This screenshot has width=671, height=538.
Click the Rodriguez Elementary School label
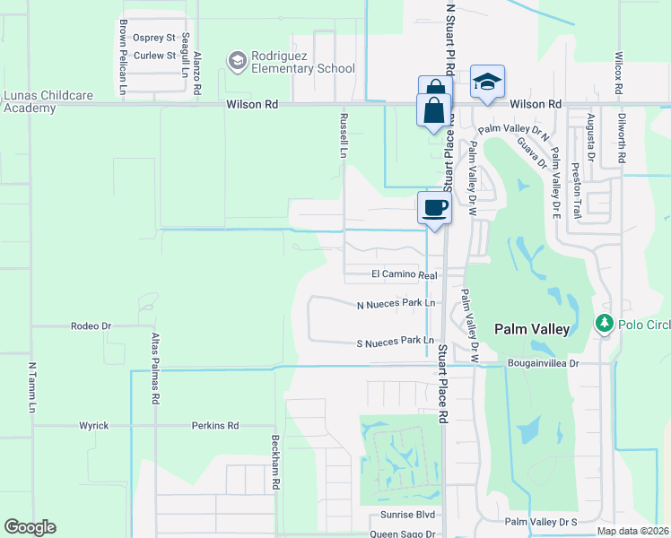coord(303,62)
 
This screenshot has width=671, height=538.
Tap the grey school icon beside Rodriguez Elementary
coord(238,61)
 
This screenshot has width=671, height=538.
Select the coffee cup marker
coord(434,208)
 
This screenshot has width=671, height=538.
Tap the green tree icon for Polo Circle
coord(605,323)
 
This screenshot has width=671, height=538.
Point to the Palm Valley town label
coord(531,329)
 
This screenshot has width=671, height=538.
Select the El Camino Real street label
coord(404,275)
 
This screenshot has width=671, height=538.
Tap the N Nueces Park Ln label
coord(396,304)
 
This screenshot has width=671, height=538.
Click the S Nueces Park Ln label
coord(396,342)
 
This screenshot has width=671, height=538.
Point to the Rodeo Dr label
coord(90,326)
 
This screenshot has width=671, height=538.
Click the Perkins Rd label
coord(215,425)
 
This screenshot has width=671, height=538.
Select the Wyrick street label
coord(93,425)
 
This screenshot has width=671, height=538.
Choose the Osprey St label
coord(153,38)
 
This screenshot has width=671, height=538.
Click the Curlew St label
coord(154,56)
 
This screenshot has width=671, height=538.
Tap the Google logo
coord(30,527)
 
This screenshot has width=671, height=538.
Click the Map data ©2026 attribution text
coord(632,531)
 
